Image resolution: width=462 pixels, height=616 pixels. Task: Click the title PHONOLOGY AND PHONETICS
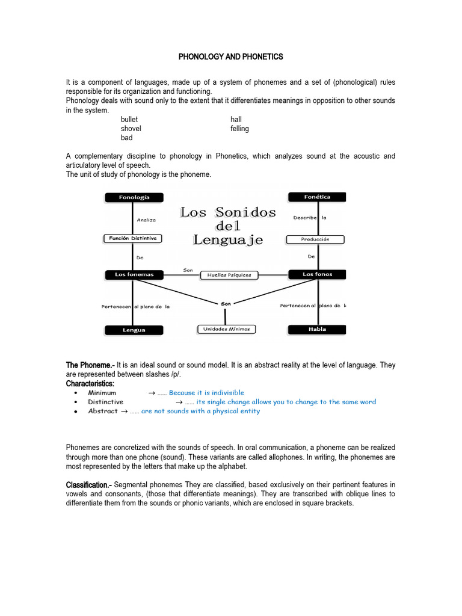[x=230, y=57]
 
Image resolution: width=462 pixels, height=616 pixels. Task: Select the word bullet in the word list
[x=129, y=120]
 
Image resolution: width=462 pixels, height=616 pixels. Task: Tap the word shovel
[x=131, y=129]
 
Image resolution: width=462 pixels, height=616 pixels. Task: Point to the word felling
[x=239, y=129]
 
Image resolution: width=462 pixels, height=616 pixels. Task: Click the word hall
[x=236, y=120]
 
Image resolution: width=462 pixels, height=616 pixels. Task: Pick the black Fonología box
[x=134, y=197]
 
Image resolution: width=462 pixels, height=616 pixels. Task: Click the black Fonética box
[x=317, y=197]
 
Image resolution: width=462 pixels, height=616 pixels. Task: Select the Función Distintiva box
[x=133, y=238]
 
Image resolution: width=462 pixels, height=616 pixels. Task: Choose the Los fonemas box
[x=134, y=275]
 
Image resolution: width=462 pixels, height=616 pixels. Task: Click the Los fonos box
[x=317, y=274]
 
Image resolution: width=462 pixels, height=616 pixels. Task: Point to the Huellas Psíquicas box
[x=229, y=275]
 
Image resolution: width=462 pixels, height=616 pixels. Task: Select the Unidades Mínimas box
[x=226, y=329]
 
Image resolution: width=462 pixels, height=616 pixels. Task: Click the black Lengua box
[x=134, y=330]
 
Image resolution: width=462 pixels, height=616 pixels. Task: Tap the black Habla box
[x=317, y=329]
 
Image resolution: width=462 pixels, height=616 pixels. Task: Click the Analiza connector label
[x=146, y=220]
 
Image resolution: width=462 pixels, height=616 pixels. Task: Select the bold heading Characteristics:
[x=90, y=384]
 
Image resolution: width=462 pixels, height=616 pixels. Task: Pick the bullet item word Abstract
[x=103, y=411]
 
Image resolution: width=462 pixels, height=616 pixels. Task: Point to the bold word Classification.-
[x=88, y=485]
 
